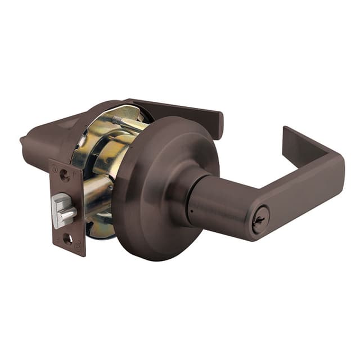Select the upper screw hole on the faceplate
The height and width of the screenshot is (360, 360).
(x=64, y=175)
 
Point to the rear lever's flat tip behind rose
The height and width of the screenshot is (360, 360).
(x=217, y=124)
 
